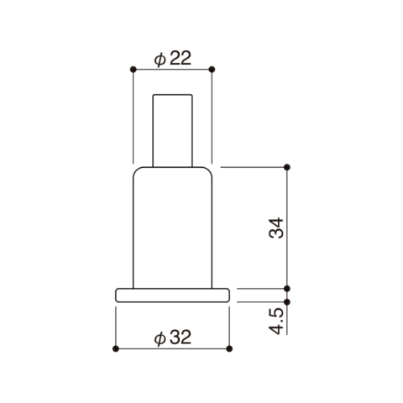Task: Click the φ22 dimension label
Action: pyautogui.click(x=173, y=59)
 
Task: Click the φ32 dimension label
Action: pyautogui.click(x=173, y=338)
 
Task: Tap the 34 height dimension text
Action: pyautogui.click(x=276, y=228)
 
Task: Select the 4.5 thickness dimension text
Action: pyautogui.click(x=276, y=321)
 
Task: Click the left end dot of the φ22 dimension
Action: pyautogui.click(x=133, y=69)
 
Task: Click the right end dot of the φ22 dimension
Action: pyautogui.click(x=212, y=69)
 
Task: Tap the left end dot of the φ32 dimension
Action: pyautogui.click(x=116, y=348)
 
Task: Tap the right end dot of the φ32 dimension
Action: pyautogui.click(x=229, y=348)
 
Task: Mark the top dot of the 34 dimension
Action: pyautogui.click(x=287, y=167)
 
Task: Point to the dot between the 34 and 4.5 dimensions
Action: pyautogui.click(x=287, y=288)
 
